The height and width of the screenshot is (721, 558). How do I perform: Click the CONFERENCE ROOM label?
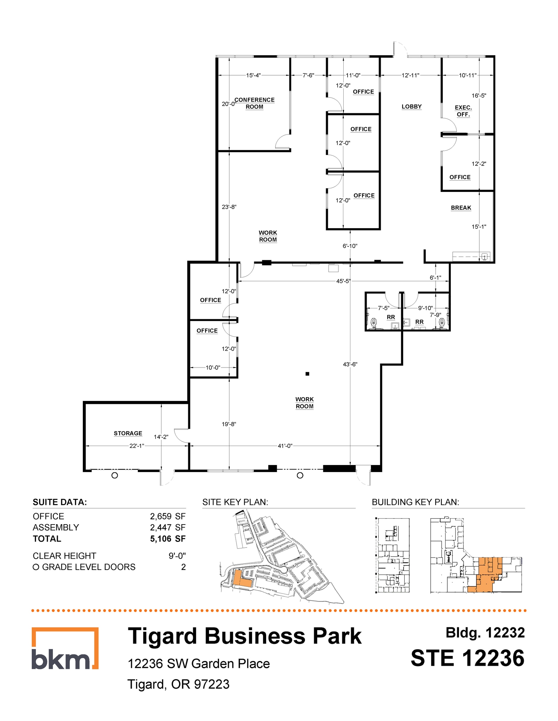click(x=255, y=103)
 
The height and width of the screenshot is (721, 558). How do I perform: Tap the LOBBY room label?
click(x=411, y=107)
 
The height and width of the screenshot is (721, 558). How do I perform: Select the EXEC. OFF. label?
click(x=463, y=111)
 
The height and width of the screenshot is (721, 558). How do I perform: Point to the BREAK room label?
click(x=461, y=208)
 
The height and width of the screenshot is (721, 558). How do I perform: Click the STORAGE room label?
click(x=128, y=433)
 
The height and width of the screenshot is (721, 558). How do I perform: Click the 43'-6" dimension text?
click(x=350, y=364)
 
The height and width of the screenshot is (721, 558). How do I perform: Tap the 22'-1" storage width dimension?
click(x=137, y=446)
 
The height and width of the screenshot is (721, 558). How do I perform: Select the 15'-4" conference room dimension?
click(x=253, y=75)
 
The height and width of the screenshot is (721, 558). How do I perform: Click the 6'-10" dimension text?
click(x=350, y=246)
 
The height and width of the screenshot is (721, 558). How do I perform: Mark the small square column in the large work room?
click(x=307, y=374)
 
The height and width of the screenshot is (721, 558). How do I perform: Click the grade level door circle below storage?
click(x=115, y=476)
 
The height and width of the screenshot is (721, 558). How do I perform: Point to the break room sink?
click(x=485, y=256)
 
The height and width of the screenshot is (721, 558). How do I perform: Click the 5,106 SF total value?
click(x=167, y=539)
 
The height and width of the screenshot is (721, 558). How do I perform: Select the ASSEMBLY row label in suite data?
click(x=56, y=527)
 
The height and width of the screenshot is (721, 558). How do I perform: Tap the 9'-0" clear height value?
click(x=177, y=556)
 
